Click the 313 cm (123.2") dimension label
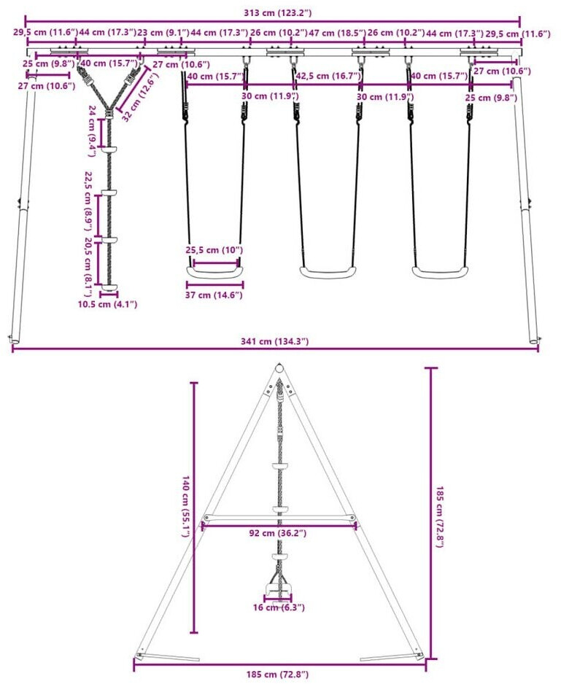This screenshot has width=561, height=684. point(274,12)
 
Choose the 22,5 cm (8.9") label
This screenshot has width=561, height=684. point(88,196)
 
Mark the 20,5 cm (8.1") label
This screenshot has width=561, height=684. point(88,261)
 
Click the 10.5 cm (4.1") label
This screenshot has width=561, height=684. point(109,303)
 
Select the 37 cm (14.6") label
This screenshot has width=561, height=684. point(214,295)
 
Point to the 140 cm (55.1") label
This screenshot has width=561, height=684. point(186,507)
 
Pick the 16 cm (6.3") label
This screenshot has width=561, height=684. point(279,607)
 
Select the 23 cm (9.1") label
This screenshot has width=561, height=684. point(163,33)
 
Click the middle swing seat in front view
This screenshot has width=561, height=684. point(329,273)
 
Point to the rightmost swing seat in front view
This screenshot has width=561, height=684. point(441,273)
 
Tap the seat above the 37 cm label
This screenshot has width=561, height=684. point(214,271)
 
